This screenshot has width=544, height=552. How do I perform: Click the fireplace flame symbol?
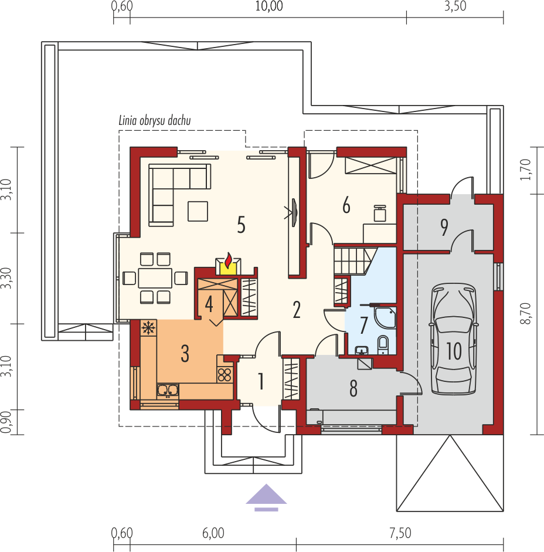tap(229, 260)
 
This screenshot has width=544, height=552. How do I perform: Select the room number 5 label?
tap(241, 225)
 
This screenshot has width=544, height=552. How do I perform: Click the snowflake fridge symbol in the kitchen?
tap(148, 328)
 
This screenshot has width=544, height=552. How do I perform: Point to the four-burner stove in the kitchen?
tap(225, 375)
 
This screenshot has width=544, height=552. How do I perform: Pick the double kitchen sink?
tap(168, 391)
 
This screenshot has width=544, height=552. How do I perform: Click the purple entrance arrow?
tap(266, 497)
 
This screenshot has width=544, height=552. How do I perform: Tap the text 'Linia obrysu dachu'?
tap(155, 121)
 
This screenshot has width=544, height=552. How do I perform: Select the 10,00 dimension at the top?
tap(269, 6)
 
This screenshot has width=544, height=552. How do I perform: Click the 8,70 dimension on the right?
tap(527, 313)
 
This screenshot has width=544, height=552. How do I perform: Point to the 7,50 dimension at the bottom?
tap(400, 533)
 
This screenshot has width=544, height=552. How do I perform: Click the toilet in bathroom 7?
tap(383, 344)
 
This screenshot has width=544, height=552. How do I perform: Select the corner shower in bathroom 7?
tap(385, 317)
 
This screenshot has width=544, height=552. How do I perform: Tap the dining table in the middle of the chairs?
tap(155, 278)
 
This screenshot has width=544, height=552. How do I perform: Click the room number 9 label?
tap(444, 227)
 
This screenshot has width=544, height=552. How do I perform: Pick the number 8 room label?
tap(353, 388)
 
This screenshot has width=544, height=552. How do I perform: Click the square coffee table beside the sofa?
tap(198, 211)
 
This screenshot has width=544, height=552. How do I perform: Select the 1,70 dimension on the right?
tap(525, 170)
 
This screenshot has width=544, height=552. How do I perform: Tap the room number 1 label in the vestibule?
tap(261, 381)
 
